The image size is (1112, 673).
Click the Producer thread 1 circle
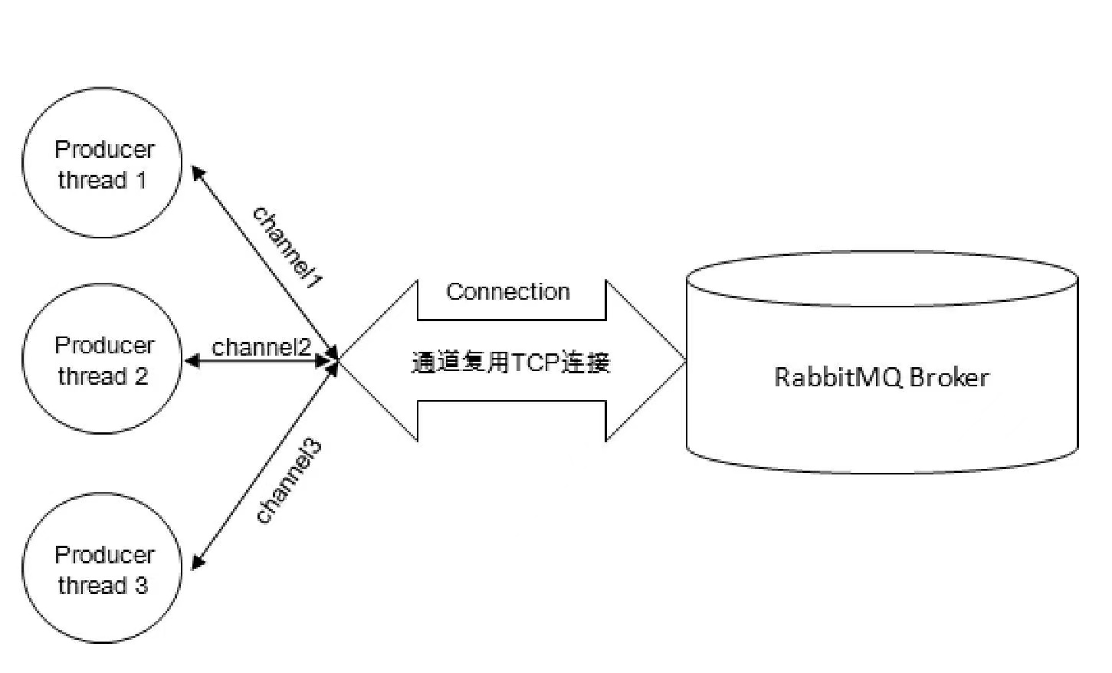click(x=102, y=163)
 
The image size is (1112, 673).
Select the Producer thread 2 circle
click(x=102, y=359)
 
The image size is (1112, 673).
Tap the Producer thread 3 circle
click(x=102, y=568)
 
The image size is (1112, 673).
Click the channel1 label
click(x=287, y=247)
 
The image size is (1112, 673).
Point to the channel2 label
click(x=261, y=346)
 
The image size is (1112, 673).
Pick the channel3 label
click(x=289, y=482)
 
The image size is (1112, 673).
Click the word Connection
click(x=508, y=291)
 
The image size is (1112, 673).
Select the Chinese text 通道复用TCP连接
click(x=511, y=362)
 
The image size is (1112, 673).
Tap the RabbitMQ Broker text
click(x=881, y=377)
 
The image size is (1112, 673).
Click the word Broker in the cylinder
click(x=950, y=377)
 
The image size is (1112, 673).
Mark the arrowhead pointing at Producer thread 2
click(x=192, y=360)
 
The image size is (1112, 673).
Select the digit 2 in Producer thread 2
click(x=141, y=376)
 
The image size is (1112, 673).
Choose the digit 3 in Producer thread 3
click(x=141, y=585)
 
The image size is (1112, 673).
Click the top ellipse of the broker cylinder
click(x=882, y=279)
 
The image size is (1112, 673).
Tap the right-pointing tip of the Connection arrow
click(x=686, y=361)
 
